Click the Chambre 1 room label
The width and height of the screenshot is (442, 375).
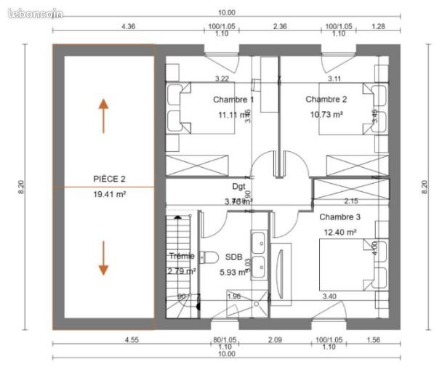pyautogui.click(x=233, y=100)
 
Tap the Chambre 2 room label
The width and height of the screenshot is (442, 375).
pyautogui.click(x=326, y=100)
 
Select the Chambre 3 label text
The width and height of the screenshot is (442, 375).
pyautogui.click(x=339, y=217)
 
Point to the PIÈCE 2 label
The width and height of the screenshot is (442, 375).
pyautogui.click(x=109, y=179)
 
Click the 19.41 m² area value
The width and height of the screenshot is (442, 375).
pyautogui.click(x=110, y=194)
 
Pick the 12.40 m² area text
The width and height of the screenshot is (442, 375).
pyautogui.click(x=339, y=233)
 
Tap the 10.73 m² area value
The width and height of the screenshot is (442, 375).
pyautogui.click(x=325, y=115)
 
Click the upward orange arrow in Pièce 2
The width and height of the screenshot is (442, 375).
pyautogui.click(x=104, y=116)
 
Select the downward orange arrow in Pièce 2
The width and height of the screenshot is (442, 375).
pyautogui.click(x=104, y=258)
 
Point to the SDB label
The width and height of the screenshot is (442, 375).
pyautogui.click(x=233, y=257)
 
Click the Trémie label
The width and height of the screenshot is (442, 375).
pyautogui.click(x=181, y=257)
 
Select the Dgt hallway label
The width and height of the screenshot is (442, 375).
pyautogui.click(x=238, y=186)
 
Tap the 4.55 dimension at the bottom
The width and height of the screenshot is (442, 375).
pyautogui.click(x=132, y=339)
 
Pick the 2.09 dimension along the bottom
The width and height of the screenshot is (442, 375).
pyautogui.click(x=275, y=339)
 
